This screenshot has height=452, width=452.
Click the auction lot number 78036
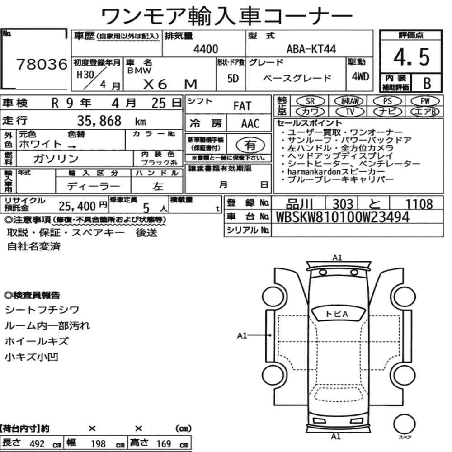coord(42,64)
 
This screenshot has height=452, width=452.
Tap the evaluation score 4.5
coord(411,57)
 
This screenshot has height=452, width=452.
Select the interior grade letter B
coord(427,83)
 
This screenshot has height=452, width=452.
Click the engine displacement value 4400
coord(206,49)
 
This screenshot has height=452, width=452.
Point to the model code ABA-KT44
coord(311,49)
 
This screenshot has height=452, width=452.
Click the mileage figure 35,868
coord(99,121)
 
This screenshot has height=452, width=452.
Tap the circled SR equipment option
coord(310,101)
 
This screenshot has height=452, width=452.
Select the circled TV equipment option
coord(350,111)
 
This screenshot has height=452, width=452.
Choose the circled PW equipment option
coord(425,101)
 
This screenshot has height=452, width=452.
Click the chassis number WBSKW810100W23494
coord(343,217)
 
